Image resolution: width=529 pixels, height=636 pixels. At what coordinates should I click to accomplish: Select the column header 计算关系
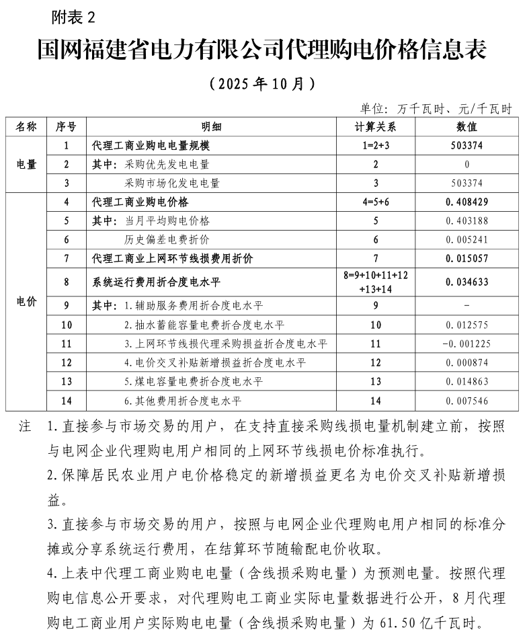(x=376, y=126)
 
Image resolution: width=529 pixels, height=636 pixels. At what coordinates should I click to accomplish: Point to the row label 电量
(x=26, y=163)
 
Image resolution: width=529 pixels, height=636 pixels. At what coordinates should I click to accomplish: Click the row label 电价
(x=26, y=301)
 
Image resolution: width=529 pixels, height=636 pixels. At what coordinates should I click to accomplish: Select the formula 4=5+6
(x=376, y=202)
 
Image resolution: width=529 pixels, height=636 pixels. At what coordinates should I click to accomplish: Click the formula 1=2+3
(x=376, y=145)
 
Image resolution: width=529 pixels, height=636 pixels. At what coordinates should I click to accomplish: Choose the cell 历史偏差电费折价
(x=167, y=239)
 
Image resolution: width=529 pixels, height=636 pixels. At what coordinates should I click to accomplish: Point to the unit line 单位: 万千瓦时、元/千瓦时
(x=436, y=108)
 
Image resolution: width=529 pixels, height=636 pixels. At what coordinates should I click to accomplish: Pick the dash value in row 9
(x=466, y=307)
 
